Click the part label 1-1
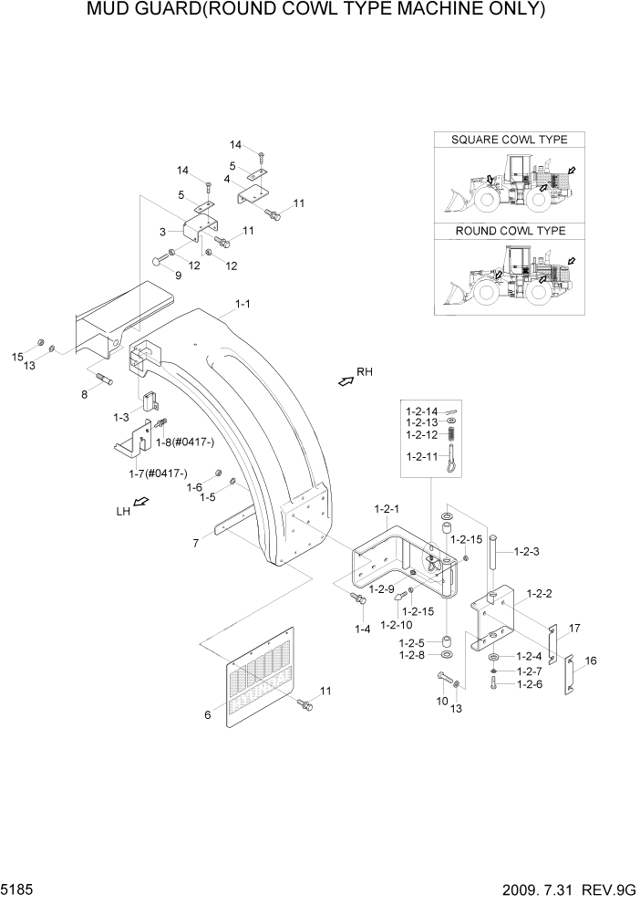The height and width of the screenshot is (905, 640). pyautogui.click(x=243, y=304)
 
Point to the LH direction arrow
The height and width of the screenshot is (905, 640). pyautogui.click(x=141, y=503)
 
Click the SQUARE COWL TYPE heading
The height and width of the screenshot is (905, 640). pyautogui.click(x=510, y=140)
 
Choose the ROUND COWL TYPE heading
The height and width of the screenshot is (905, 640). pyautogui.click(x=510, y=232)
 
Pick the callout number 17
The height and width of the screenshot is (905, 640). pyautogui.click(x=575, y=628)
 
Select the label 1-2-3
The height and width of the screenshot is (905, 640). pyautogui.click(x=528, y=551)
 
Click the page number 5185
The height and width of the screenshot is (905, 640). pyautogui.click(x=18, y=888)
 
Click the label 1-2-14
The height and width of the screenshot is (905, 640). pyautogui.click(x=421, y=411)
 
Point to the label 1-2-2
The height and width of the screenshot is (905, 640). pyautogui.click(x=539, y=593)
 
